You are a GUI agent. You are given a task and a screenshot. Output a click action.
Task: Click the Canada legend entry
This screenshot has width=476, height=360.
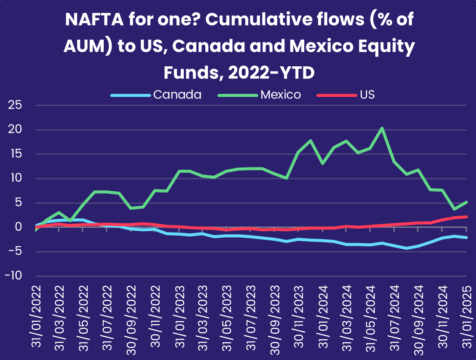click(x=156, y=95)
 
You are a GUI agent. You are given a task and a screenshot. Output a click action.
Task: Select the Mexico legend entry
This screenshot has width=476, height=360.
click(x=259, y=95)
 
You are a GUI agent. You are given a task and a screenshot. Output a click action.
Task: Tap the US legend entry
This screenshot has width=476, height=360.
click(x=346, y=95)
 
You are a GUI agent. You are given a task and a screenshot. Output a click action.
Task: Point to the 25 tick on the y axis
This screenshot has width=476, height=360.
click(x=15, y=105)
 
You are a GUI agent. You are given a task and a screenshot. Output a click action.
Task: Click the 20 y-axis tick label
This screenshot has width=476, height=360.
click(x=15, y=130)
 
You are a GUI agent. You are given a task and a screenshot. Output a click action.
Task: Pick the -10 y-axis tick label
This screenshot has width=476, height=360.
click(x=13, y=276)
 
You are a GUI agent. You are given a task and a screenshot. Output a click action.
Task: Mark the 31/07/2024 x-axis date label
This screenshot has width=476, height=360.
click(x=395, y=318)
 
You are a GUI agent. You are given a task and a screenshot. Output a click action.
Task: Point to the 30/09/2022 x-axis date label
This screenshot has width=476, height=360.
click(x=131, y=320)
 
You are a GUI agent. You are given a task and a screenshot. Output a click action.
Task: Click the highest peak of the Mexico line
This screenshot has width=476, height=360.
click(x=382, y=128)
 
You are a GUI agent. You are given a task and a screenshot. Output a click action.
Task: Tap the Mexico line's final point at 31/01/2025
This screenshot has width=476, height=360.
click(x=467, y=202)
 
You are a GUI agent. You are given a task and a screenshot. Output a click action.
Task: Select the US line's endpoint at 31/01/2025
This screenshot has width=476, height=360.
click(x=467, y=217)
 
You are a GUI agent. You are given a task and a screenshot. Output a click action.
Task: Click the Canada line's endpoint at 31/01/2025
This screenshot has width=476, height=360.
click(x=467, y=238)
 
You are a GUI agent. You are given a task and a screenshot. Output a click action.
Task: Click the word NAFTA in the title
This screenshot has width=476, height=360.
click(x=94, y=19)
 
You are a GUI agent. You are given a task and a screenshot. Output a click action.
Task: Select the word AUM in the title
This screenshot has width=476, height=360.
click(x=85, y=46)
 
